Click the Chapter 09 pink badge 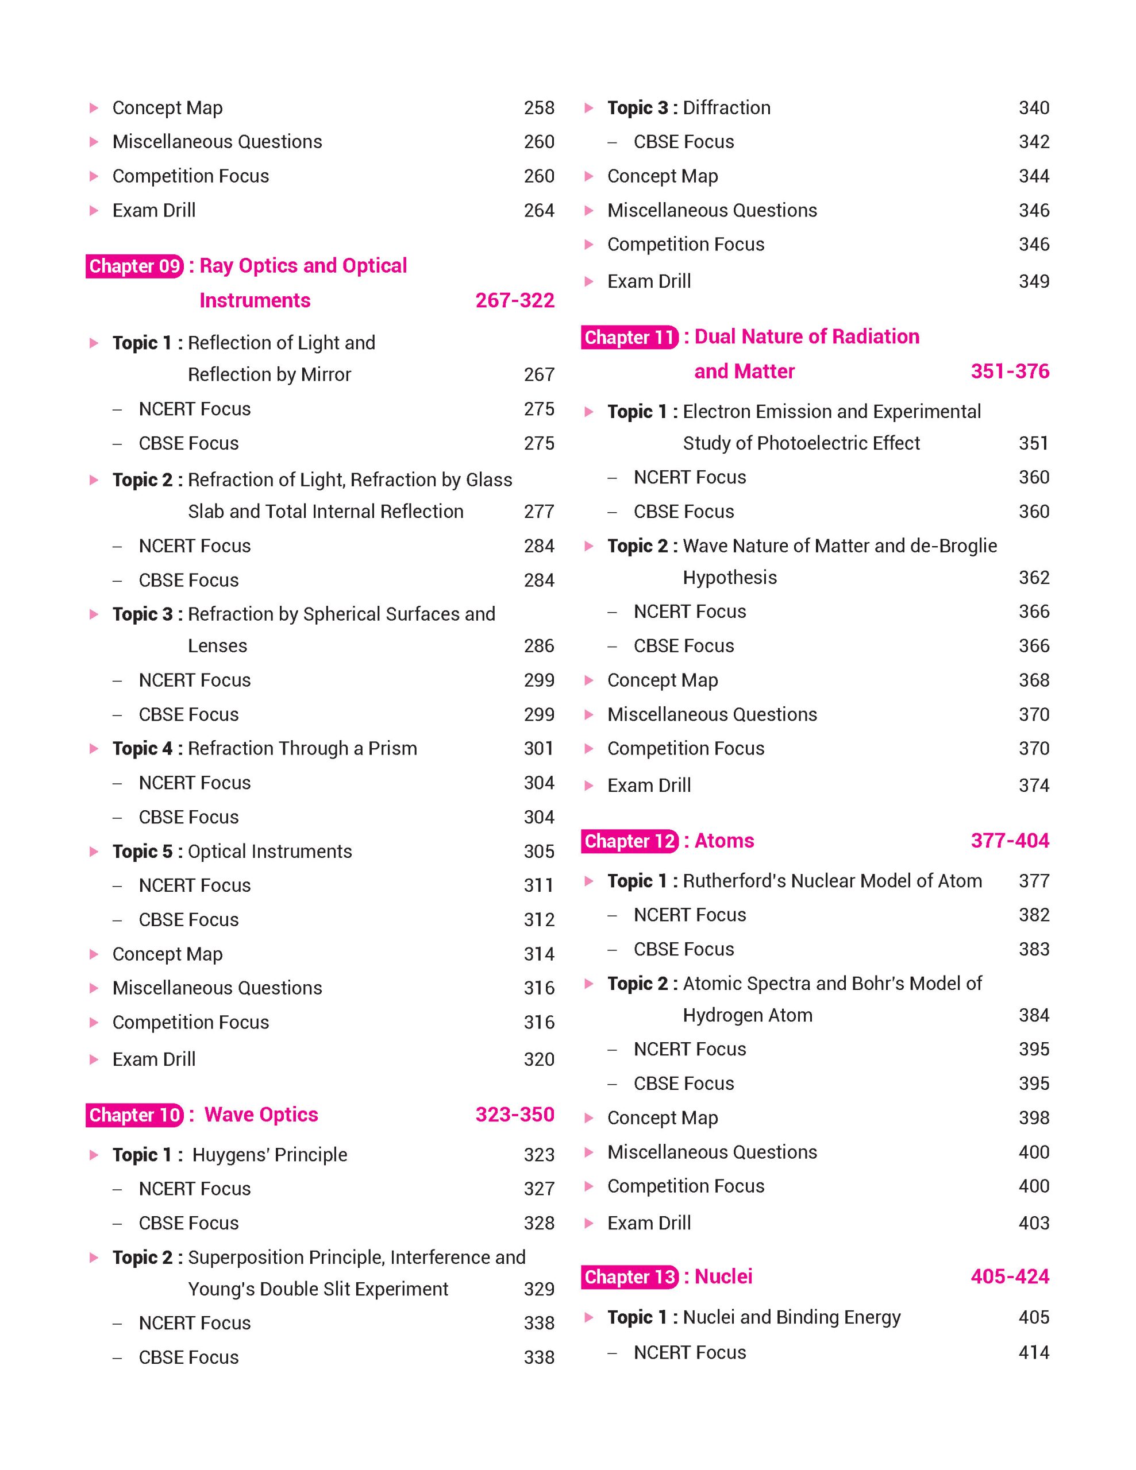click(x=134, y=266)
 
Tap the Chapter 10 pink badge click(x=134, y=1115)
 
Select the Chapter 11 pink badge click(x=630, y=337)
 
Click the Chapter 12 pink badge click(x=630, y=841)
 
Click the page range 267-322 click(x=514, y=300)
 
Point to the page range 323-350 click(x=514, y=1115)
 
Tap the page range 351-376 click(x=1010, y=371)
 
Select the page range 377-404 click(x=1010, y=841)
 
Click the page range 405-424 click(x=1010, y=1276)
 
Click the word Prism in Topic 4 click(x=392, y=748)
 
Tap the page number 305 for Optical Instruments click(x=539, y=852)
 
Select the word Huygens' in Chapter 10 click(x=226, y=1155)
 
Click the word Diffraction click(x=726, y=108)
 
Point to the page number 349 click(x=1034, y=281)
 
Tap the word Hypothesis click(x=729, y=578)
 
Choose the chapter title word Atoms click(x=724, y=841)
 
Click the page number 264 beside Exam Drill click(x=539, y=211)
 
